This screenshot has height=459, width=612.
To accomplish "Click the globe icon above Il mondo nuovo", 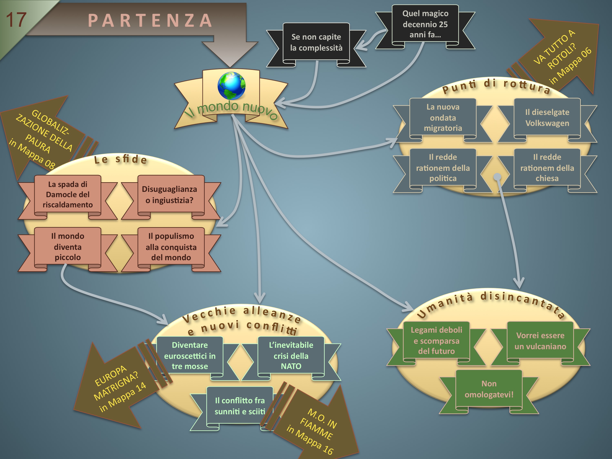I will click(x=231, y=86).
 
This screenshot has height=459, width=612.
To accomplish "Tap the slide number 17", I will click(x=16, y=20).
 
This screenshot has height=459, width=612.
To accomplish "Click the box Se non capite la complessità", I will click(x=316, y=42).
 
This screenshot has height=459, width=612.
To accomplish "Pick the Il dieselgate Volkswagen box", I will click(x=547, y=118).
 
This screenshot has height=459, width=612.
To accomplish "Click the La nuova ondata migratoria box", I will click(x=443, y=118).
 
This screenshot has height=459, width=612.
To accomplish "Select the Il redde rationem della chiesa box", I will click(x=547, y=168).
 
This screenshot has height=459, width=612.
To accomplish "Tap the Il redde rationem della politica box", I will click(x=443, y=168).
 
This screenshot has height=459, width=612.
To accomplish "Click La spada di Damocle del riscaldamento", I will click(x=68, y=194).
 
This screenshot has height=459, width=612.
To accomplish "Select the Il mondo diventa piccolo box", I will click(x=68, y=247).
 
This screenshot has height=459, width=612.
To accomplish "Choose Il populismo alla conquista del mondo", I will click(x=171, y=247).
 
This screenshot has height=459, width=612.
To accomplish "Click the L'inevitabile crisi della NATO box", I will click(x=291, y=356).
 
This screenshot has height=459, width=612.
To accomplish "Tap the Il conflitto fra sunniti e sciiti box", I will click(x=240, y=406).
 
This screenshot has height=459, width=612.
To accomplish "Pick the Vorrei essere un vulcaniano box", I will click(x=540, y=341).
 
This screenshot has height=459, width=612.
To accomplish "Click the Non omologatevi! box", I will click(x=489, y=389).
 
